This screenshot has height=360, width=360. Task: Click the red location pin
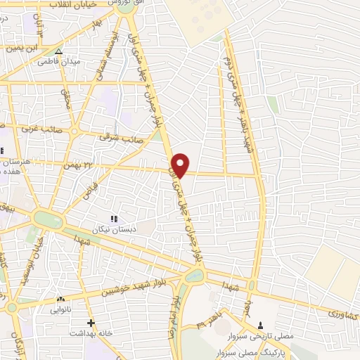pyautogui.click(x=181, y=165)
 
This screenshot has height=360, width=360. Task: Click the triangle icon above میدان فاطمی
pyautogui.click(x=59, y=51)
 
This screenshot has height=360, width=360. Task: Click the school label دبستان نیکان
pyautogui.click(x=114, y=229)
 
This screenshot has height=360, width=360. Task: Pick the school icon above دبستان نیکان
pyautogui.click(x=114, y=219)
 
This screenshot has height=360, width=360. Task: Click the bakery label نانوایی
pyautogui.click(x=61, y=309)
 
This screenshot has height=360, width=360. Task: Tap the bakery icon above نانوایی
pyautogui.click(x=61, y=299)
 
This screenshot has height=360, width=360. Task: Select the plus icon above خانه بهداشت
pyautogui.click(x=91, y=323)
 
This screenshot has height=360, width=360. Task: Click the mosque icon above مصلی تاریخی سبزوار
pyautogui.click(x=262, y=325)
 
